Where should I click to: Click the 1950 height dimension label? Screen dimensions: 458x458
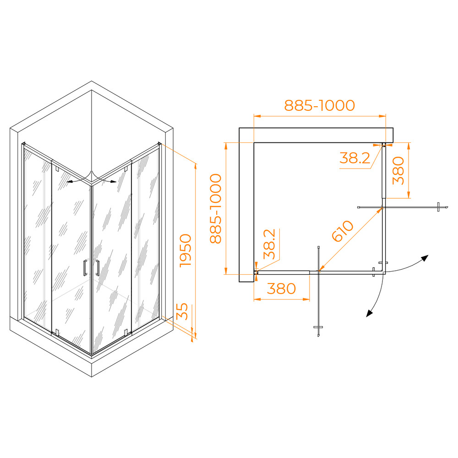point(186,251)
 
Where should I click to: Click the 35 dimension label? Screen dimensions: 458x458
point(182,311)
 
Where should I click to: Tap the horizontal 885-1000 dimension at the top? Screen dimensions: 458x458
point(320,105)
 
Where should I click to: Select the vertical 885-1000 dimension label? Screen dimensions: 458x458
point(216,208)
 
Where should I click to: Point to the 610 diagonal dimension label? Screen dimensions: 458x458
point(343,231)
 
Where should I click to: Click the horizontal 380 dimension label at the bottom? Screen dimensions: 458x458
point(281,289)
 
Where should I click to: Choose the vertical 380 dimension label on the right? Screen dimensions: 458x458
point(398,170)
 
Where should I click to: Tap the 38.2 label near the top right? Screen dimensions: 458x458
point(354,158)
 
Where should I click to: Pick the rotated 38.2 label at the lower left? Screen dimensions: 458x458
point(269,244)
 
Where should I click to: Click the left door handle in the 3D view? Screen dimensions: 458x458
point(85,267)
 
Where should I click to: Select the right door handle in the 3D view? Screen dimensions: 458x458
point(97,267)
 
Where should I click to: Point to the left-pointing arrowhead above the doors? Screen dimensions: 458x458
point(70,181)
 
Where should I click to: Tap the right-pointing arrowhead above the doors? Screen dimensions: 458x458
point(113,181)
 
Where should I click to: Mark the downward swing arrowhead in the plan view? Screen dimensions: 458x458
point(370,313)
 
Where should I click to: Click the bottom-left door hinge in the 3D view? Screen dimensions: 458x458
point(57,333)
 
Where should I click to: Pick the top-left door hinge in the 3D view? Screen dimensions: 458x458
point(57,169)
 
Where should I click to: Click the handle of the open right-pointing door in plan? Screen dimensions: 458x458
point(438,207)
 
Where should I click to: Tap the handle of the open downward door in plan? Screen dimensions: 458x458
point(318,327)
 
